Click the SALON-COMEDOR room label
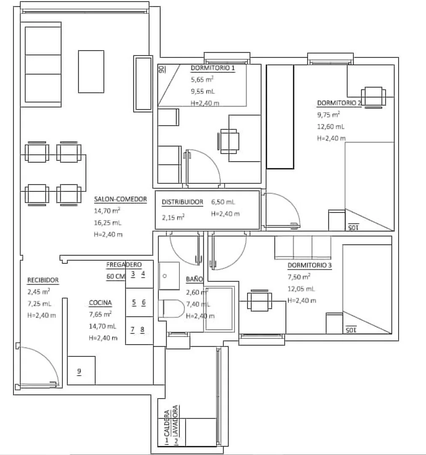click(120, 199)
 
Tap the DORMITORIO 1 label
click(213, 68)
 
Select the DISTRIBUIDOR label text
click(182, 202)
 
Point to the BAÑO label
click(194, 279)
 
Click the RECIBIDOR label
click(43, 280)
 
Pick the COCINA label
click(100, 303)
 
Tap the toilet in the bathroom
click(171, 308)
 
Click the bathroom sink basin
click(169, 276)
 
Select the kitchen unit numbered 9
click(81, 370)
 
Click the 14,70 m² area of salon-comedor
click(107, 211)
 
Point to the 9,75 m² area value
click(328, 115)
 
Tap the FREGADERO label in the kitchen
click(124, 265)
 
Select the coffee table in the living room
click(91, 72)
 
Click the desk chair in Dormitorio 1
click(228, 141)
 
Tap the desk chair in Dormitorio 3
click(259, 301)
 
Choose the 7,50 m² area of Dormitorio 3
click(299, 277)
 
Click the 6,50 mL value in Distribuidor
click(223, 202)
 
